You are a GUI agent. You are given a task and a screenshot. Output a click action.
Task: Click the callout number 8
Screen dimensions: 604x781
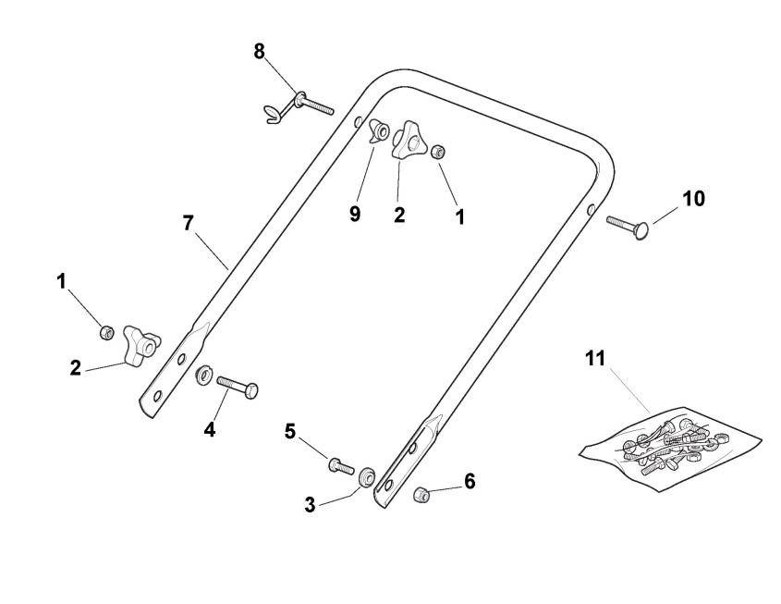260,50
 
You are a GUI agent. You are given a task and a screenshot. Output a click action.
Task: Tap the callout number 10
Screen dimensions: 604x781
693,199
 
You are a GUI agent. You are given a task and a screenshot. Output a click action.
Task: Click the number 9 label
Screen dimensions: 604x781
355,215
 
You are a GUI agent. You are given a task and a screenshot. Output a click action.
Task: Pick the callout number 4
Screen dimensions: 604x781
210,429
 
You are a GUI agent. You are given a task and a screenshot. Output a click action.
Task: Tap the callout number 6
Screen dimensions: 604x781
470,481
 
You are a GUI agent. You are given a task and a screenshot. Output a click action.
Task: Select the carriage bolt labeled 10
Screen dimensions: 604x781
629,223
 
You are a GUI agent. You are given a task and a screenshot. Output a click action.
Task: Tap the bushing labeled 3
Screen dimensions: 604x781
366,475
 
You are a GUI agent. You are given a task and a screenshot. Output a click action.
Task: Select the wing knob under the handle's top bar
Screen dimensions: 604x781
408,142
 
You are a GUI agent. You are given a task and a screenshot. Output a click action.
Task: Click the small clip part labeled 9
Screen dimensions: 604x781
378,131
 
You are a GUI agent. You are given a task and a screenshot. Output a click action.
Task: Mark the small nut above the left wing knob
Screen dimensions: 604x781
107,330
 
